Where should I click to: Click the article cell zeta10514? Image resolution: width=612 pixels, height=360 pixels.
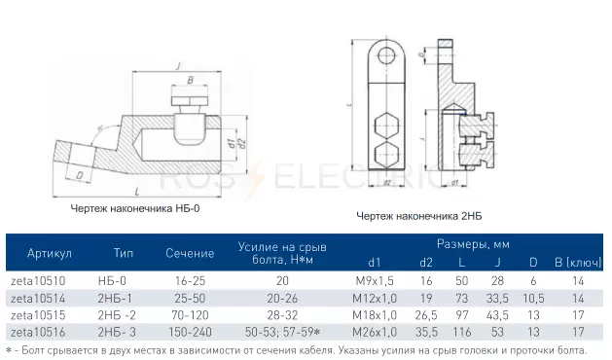coord(38,299)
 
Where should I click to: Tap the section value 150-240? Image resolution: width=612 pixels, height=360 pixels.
coord(190,333)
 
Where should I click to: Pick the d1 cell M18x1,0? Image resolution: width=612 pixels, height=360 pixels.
coord(375,315)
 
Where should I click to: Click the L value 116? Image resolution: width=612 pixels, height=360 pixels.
coord(462,333)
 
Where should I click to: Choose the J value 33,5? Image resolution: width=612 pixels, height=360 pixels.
coord(497,299)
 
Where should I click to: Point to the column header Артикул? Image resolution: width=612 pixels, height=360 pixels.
coord(50,253)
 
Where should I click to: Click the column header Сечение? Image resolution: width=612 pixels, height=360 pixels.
coord(190,253)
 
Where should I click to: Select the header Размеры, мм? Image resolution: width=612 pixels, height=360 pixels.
coord(473,244)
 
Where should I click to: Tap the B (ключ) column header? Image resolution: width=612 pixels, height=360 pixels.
coord(578,263)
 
